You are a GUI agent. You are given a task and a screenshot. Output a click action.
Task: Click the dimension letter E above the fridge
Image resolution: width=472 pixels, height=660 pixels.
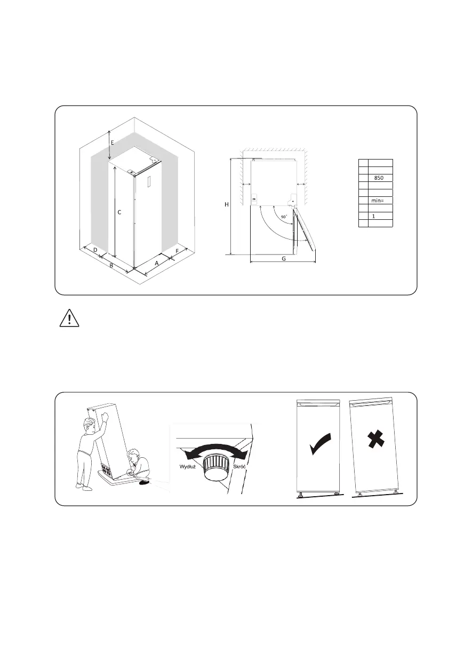[112, 142]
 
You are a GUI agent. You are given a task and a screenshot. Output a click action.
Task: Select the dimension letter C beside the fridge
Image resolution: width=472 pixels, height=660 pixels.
[119, 212]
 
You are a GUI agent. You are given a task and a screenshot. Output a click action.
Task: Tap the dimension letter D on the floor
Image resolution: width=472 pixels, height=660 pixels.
[95, 250]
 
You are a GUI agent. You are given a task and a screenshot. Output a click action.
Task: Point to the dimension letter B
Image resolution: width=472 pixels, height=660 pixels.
[111, 265]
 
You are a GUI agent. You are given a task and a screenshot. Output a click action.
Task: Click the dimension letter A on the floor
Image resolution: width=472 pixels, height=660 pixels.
[157, 263]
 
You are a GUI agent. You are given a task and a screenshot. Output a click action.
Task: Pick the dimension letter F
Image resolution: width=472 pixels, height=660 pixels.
[177, 250]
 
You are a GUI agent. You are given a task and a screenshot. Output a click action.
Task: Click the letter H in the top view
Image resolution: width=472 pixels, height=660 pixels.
[227, 205]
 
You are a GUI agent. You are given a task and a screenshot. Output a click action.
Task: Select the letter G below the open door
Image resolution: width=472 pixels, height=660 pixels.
[283, 259]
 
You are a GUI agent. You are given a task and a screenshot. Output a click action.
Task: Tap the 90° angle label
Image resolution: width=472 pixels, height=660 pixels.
[284, 217]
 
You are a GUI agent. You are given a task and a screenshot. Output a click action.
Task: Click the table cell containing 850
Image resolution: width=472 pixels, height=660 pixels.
[380, 178]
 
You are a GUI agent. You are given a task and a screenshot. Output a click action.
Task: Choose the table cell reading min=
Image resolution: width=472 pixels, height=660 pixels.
[380, 201]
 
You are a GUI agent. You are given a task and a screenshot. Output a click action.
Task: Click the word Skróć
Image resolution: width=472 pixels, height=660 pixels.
[239, 466]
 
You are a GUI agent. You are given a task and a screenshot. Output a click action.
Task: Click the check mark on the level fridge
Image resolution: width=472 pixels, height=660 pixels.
[319, 444]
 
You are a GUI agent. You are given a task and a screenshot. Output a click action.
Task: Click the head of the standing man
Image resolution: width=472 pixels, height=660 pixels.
[89, 425]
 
